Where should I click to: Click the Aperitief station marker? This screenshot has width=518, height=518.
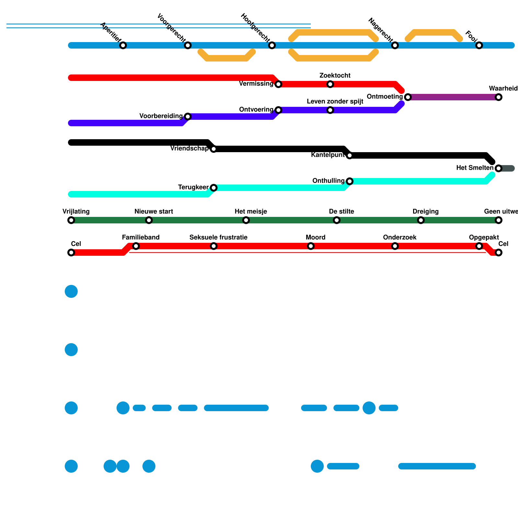coord(123,45)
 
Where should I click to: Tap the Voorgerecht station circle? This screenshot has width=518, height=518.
coord(188,45)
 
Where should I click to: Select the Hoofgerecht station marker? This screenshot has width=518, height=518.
coord(272,45)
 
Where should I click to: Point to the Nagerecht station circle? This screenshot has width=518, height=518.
coord(395,45)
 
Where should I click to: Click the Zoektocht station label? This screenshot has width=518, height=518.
coord(335,76)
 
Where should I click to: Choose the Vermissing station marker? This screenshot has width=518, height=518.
coord(278,84)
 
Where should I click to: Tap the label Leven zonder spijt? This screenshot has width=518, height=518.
coord(335,102)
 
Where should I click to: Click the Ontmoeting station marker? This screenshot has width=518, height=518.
coord(408,97)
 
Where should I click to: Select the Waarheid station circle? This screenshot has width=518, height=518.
coord(499,97)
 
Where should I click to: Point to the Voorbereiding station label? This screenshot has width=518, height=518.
coord(161,116)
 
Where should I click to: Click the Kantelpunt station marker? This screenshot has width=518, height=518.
coord(350,155)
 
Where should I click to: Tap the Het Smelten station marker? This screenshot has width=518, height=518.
coord(499,168)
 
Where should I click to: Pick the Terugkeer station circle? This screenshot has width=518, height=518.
coord(214,188)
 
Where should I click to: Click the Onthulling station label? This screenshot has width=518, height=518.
coord(328,181)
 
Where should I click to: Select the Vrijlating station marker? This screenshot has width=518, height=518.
coord(71,220)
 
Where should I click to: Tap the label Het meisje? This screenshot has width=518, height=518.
coord(251,212)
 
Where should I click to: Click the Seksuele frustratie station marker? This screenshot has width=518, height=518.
coord(214,246)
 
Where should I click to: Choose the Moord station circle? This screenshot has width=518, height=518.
coord(311,246)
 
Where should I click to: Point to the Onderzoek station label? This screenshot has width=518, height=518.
coord(400,238)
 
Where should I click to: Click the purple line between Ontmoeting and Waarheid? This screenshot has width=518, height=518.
coord(453,97)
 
